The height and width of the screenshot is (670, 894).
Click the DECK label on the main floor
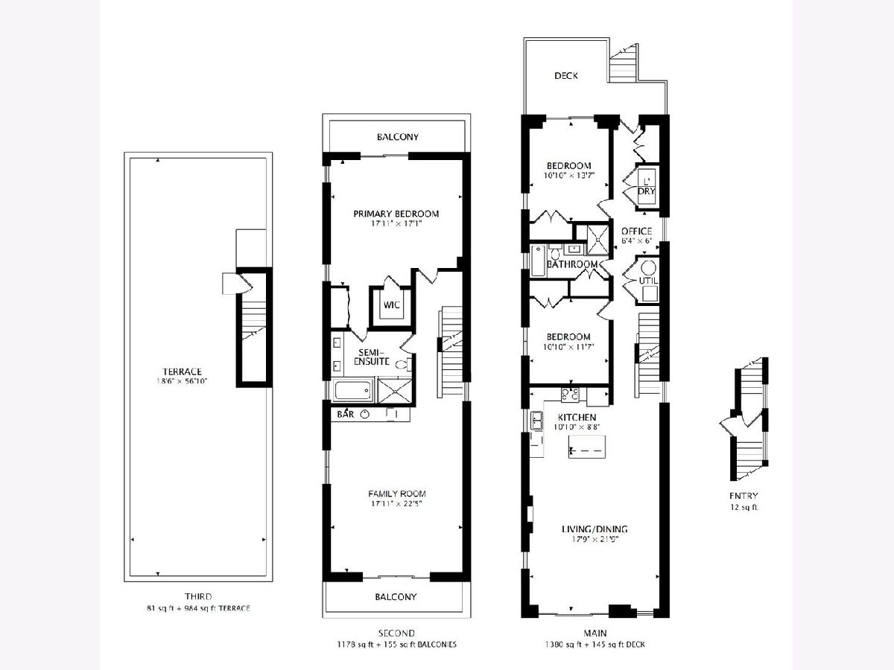point(566,76)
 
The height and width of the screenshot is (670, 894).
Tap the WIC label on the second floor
point(391,304)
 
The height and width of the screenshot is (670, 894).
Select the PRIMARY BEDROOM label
point(396,214)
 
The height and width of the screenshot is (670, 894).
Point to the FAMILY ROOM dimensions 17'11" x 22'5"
point(396,504)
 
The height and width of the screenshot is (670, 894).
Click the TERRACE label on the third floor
point(182,371)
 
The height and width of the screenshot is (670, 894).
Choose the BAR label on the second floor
point(346,415)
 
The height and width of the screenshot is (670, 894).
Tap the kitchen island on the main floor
point(586,447)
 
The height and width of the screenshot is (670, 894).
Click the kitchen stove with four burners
point(570,394)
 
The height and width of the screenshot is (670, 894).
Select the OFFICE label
point(636,231)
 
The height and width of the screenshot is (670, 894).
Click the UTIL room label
point(648,281)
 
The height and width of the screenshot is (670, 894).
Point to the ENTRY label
point(744,496)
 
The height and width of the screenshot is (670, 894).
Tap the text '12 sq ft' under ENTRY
point(744,507)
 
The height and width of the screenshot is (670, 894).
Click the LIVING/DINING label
point(595,529)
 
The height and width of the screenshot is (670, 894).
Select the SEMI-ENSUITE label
point(372,357)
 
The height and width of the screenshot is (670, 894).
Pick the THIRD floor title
point(198,596)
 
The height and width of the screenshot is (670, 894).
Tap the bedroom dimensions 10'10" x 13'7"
point(569,176)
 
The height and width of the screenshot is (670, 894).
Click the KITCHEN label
point(577,417)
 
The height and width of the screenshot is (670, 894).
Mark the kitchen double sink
point(536,421)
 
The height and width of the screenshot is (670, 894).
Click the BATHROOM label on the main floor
point(572,264)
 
